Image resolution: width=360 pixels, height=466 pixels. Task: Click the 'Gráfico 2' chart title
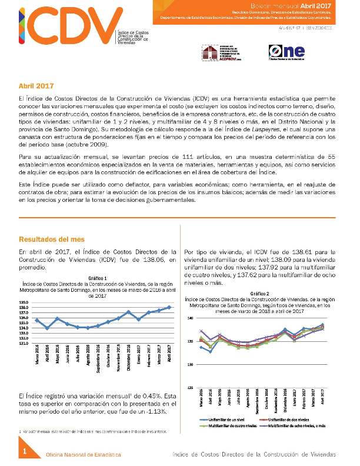[259, 293]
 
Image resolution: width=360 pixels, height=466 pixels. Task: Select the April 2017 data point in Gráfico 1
[169, 307]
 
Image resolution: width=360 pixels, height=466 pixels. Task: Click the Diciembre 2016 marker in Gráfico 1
[128, 312]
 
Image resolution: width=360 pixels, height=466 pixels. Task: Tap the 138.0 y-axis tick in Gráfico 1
[24, 307]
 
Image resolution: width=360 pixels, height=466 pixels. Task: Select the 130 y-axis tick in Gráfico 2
[189, 365]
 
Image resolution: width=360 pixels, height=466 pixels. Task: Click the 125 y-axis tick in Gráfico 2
[189, 388]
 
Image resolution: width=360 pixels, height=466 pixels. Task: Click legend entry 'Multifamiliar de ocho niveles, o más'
[298, 425]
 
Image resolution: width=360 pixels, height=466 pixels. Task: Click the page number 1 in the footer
[25, 451]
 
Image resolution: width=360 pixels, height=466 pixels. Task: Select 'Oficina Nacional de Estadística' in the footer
[84, 455]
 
